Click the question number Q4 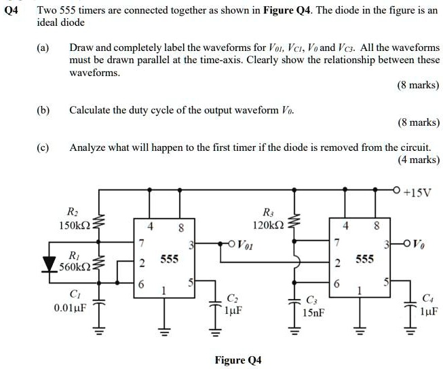11,10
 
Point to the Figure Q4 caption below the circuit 237,359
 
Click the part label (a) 43,49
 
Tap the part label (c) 43,147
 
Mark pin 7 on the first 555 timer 141,243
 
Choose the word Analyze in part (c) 87,147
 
